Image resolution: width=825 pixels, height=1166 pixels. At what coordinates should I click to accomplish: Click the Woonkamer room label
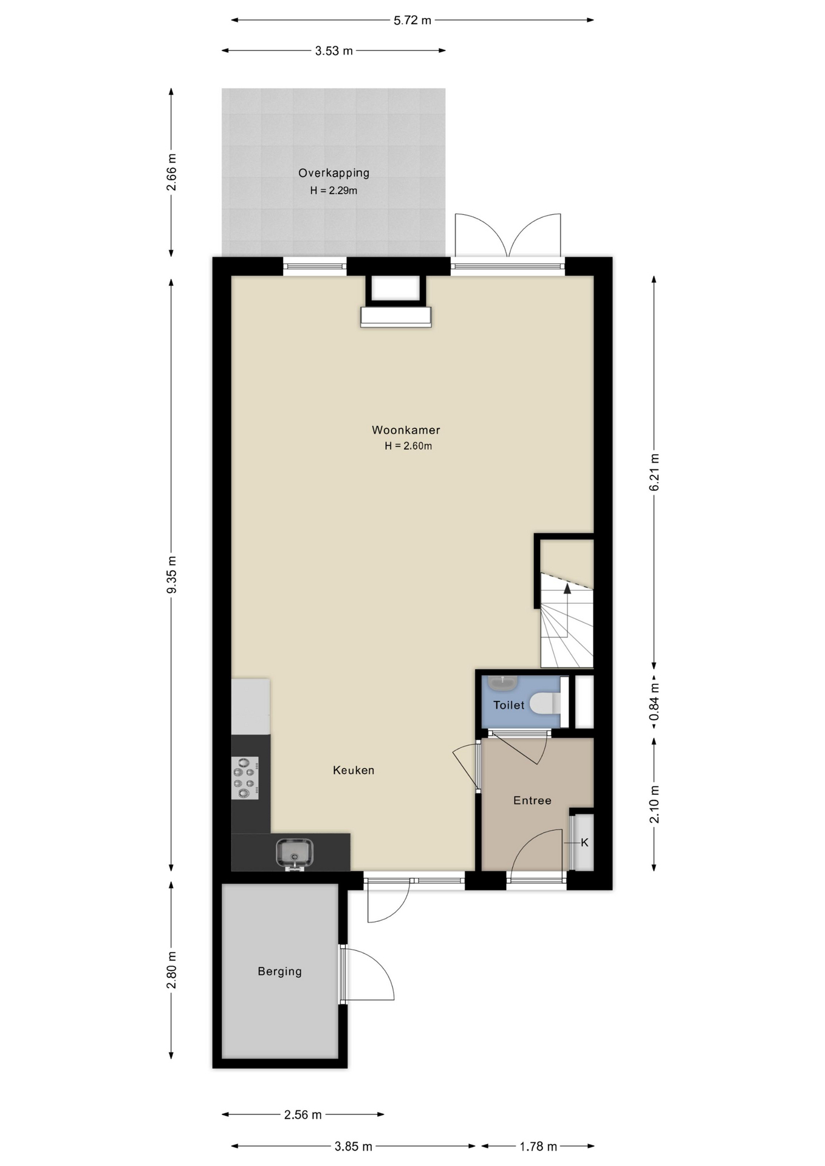[x=406, y=430]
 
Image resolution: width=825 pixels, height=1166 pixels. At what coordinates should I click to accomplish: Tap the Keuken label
[x=354, y=770]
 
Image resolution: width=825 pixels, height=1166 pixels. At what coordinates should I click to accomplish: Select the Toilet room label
[x=508, y=705]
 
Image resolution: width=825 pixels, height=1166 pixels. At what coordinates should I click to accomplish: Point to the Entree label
[x=532, y=800]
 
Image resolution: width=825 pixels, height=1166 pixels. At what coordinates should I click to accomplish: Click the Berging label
[x=279, y=971]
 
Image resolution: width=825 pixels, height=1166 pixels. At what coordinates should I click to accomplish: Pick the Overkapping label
[x=334, y=173]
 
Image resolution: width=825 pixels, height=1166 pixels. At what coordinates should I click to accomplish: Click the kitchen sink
[x=295, y=853]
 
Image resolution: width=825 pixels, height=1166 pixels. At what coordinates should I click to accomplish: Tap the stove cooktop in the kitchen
[x=245, y=778]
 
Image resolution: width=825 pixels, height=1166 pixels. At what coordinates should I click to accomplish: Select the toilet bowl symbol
[x=545, y=704]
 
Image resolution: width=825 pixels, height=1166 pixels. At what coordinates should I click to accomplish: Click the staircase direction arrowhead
[x=567, y=588]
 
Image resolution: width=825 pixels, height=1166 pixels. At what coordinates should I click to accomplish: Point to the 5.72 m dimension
[x=412, y=21]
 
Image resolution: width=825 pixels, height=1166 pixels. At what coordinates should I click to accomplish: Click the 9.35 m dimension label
[x=172, y=574]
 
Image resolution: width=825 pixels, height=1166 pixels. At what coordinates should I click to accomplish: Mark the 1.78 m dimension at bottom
[x=538, y=1147]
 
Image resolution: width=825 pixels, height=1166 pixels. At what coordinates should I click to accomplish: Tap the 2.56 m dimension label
[x=303, y=1115]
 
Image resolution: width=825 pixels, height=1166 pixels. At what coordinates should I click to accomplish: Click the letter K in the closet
[x=584, y=843]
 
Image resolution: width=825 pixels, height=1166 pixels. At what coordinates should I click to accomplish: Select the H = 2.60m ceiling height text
[x=408, y=446]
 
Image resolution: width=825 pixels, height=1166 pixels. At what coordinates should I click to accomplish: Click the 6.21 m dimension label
[x=654, y=472]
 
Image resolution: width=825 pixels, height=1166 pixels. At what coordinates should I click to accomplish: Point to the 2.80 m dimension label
[x=172, y=970]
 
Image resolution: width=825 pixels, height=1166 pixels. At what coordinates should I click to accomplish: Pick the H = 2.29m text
[x=334, y=191]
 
